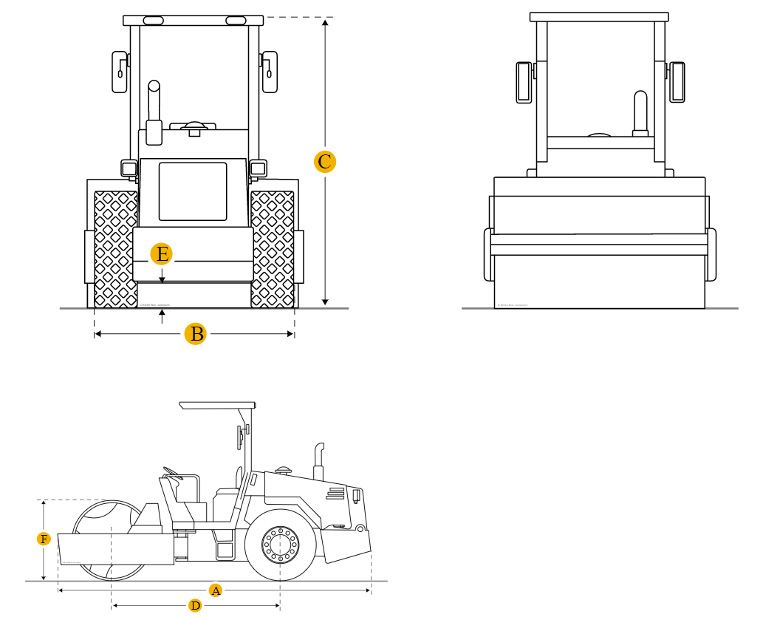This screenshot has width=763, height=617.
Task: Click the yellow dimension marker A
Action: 215,590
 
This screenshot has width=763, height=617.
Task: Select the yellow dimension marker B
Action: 196,334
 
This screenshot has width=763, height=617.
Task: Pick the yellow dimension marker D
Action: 195,606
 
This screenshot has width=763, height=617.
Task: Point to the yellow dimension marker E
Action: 161,254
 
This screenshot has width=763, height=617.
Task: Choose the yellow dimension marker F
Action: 44,539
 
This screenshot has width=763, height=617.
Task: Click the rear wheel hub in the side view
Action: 281,544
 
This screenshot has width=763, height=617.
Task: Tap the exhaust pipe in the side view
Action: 319,462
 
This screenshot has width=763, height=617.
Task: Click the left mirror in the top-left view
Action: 120,72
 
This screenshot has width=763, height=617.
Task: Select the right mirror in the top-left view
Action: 270,72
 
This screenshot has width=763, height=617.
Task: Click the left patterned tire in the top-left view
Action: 116,249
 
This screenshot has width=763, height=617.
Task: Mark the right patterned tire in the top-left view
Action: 273,249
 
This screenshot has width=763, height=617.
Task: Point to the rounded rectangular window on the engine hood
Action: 193,191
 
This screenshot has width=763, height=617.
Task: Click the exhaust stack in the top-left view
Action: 154,112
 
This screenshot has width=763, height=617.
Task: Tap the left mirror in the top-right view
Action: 524,82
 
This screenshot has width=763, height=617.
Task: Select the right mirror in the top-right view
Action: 677,82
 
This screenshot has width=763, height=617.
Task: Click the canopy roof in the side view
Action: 217,405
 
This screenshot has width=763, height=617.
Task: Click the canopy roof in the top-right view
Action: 599,16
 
